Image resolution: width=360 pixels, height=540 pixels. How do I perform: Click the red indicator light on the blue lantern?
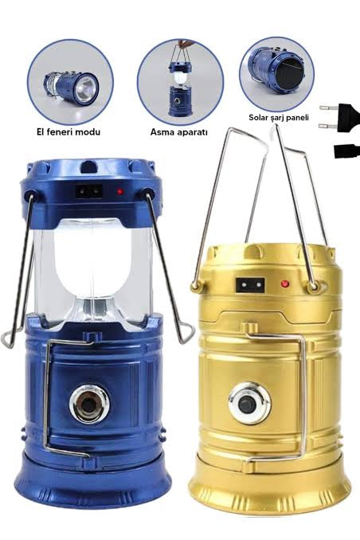coord(120,191)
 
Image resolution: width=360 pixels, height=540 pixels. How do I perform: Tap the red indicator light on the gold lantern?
coord(284,284)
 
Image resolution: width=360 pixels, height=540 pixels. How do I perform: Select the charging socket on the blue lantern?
coord(89,191)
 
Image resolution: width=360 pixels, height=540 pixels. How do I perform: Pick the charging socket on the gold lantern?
coord(250,285)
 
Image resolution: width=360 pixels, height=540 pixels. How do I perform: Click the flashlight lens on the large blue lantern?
coord(89,404)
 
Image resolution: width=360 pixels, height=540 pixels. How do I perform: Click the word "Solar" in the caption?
coord(259,117)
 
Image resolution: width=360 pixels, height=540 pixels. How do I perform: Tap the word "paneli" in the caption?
coord(297,118)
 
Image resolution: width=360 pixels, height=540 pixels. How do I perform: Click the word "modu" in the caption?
coord(89,131)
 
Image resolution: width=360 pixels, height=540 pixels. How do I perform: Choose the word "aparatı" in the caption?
coord(191,132)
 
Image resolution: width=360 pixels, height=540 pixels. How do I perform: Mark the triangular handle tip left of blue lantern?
coord(7,338)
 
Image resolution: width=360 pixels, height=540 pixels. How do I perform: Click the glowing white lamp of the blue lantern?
coord(92,258)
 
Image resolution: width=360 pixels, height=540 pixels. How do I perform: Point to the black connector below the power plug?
coord(347,151)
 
